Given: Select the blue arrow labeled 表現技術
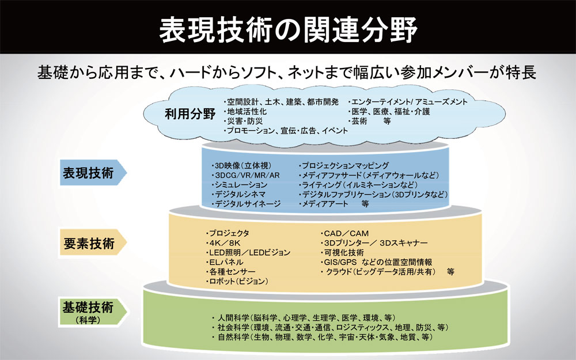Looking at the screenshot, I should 92,172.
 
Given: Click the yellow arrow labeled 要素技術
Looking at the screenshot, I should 92,244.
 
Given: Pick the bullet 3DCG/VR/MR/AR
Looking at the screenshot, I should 238,175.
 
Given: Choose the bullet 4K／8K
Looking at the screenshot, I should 221,243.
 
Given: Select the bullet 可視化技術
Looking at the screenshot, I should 343,252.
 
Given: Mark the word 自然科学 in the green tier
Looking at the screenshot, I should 233,337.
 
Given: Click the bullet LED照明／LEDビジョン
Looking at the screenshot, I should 248,252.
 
